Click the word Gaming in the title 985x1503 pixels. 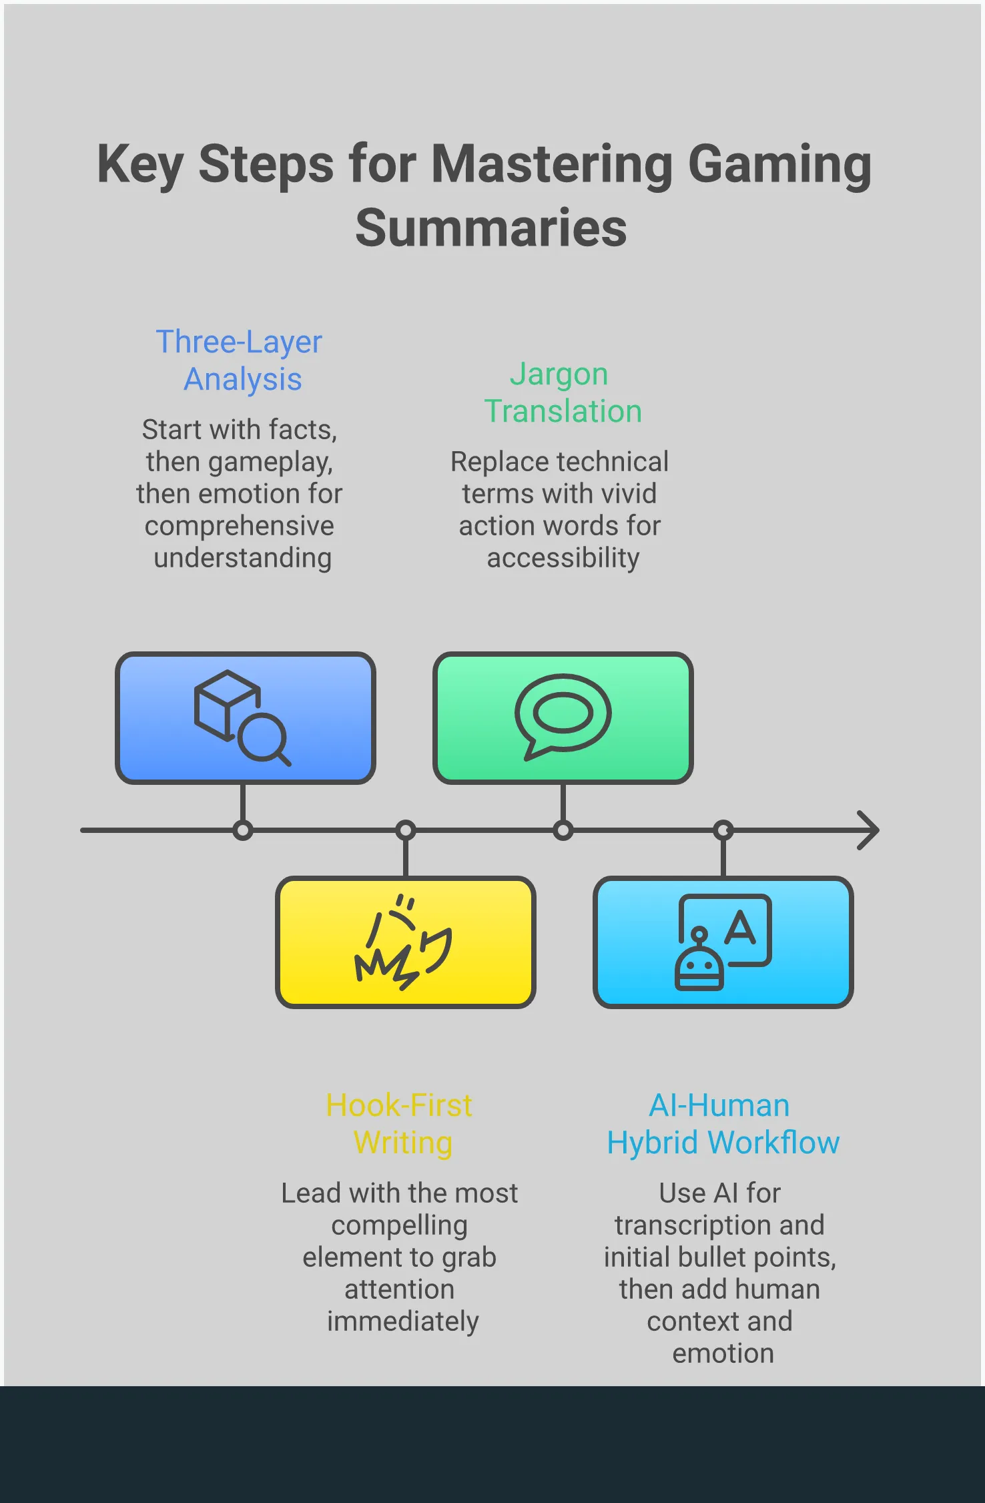tap(779, 165)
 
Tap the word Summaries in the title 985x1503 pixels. tap(491, 228)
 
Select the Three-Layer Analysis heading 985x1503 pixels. tap(240, 360)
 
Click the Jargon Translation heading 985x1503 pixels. tap(562, 392)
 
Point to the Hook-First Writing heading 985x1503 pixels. tap(400, 1124)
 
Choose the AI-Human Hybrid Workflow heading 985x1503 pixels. tap(722, 1124)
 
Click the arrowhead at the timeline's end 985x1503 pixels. tap(869, 830)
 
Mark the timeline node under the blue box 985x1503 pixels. tap(243, 831)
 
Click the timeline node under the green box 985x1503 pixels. tap(563, 831)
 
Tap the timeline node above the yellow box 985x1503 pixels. tap(406, 831)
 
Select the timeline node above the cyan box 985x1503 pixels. tap(723, 831)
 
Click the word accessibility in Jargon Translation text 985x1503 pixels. tap(563, 558)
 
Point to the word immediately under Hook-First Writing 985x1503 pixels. tap(402, 1321)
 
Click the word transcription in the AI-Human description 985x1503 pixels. tap(691, 1225)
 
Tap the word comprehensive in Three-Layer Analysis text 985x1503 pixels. tap(239, 526)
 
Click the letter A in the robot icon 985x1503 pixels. tap(740, 927)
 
